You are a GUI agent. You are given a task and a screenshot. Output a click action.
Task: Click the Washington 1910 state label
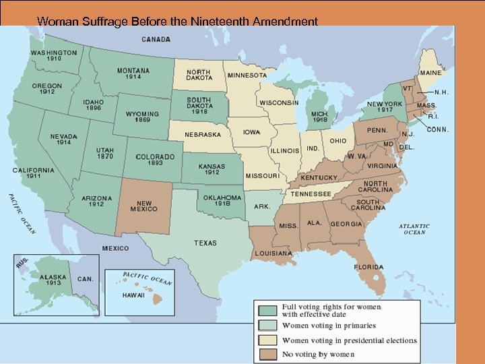pos(53,55)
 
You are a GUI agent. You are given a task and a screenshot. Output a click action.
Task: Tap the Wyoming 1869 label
pos(142,117)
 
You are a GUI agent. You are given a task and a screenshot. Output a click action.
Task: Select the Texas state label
pos(205,243)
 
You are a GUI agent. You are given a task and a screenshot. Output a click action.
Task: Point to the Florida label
pos(368,267)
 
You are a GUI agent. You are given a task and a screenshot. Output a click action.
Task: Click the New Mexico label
pos(144,206)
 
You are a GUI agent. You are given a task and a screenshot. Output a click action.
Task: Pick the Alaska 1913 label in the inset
pos(53,280)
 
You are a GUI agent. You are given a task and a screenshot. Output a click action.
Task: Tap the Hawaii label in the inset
pos(133,295)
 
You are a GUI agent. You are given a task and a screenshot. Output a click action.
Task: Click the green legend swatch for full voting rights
pos(267,310)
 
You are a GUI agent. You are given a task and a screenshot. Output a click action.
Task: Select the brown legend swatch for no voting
pos(267,353)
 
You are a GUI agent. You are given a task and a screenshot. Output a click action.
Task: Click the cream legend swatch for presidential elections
pos(267,340)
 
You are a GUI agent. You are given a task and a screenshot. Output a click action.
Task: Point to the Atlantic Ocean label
pos(414,229)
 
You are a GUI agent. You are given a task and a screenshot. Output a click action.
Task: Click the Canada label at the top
pos(156,39)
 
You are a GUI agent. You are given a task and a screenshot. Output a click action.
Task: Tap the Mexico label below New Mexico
pos(115,248)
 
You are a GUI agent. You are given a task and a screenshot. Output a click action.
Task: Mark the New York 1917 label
pos(385,107)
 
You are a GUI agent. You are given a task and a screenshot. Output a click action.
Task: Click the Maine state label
pos(431,72)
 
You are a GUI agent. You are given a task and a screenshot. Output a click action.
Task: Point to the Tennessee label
pos(311,193)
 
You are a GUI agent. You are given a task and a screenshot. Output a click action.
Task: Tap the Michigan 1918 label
pos(320,117)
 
